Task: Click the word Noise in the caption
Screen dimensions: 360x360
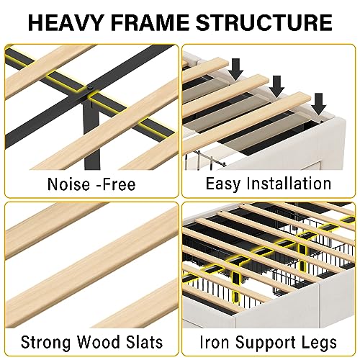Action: tap(68, 184)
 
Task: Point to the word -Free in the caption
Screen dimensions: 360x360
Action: tap(116, 184)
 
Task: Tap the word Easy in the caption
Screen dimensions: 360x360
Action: tap(223, 184)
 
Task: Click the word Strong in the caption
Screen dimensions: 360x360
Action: tap(46, 342)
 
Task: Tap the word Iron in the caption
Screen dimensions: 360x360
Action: tap(215, 342)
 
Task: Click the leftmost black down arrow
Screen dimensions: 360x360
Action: tap(236, 69)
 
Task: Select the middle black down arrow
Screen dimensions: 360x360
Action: tap(276, 86)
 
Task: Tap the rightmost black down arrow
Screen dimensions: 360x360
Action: tap(318, 104)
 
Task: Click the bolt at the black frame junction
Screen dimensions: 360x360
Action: tap(90, 87)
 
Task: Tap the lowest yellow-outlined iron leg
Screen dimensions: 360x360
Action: tap(236, 287)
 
